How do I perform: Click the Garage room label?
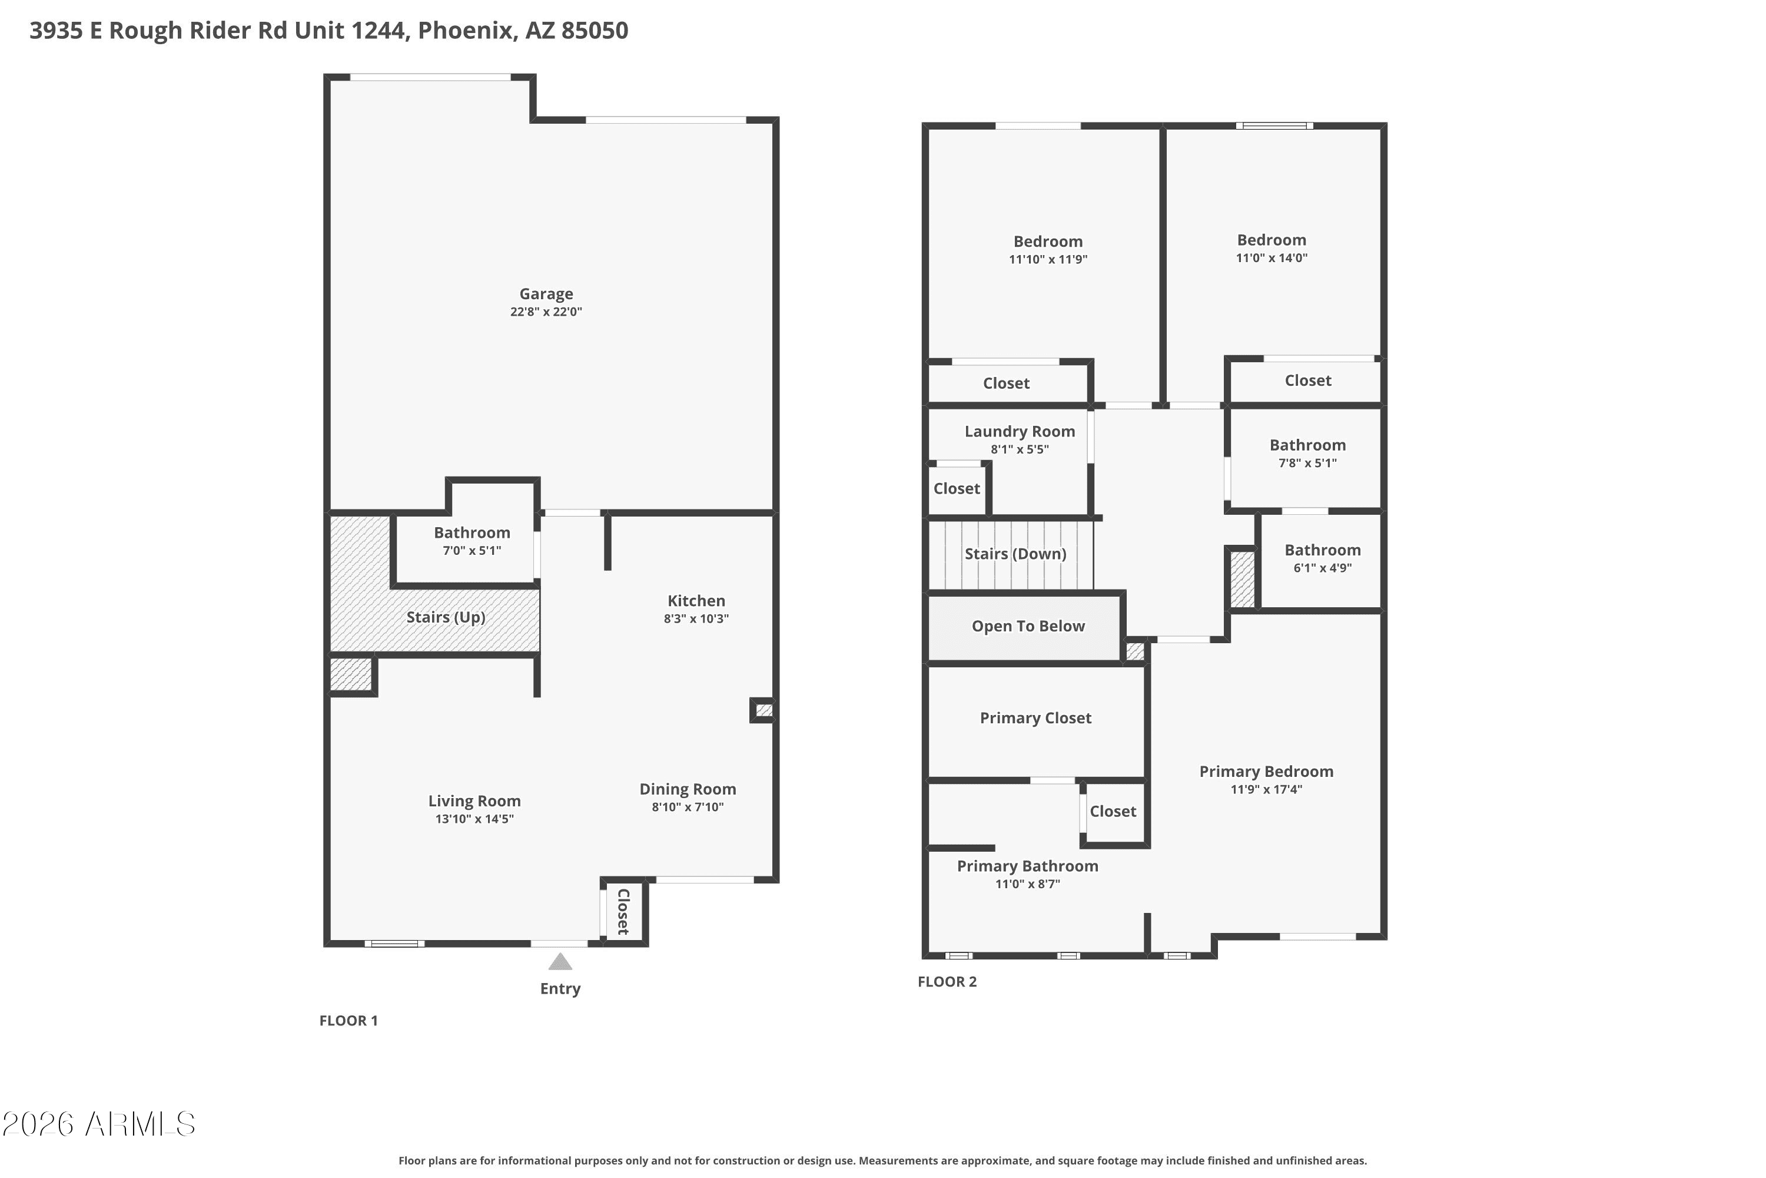click(546, 294)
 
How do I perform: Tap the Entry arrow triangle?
click(560, 962)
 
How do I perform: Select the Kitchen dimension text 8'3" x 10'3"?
click(696, 618)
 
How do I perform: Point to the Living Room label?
click(474, 801)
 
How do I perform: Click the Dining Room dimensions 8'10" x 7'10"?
click(688, 807)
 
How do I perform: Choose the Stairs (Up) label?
click(446, 617)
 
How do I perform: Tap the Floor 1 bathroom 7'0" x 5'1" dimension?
click(472, 550)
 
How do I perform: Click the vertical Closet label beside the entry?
click(623, 911)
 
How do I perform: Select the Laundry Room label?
click(1020, 431)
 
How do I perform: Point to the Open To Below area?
click(1028, 626)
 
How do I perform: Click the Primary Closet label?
click(1035, 717)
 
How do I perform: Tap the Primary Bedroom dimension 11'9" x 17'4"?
click(1267, 789)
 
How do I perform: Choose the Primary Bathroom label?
click(1027, 865)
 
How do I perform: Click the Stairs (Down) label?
click(1015, 554)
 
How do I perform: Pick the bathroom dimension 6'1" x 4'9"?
click(1322, 568)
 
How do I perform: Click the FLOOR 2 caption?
click(947, 981)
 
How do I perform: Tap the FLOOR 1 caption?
click(348, 1020)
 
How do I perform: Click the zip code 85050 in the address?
click(595, 30)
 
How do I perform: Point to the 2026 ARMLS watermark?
click(98, 1124)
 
